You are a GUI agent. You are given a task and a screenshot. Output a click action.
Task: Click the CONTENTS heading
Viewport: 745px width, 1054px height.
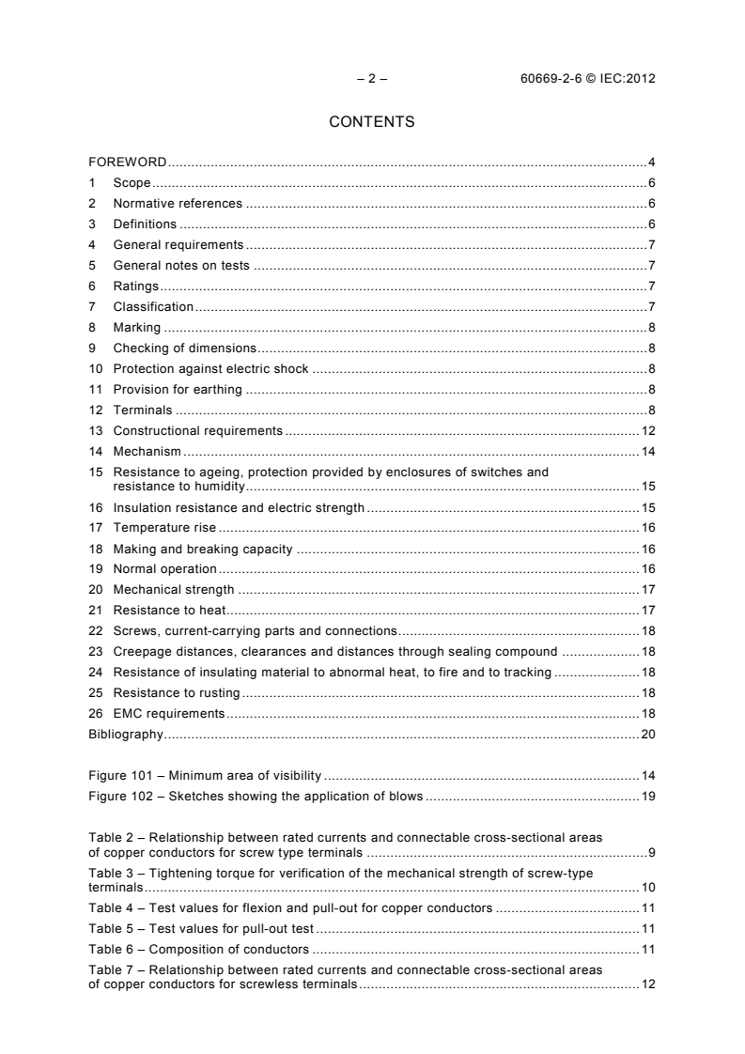tap(372, 122)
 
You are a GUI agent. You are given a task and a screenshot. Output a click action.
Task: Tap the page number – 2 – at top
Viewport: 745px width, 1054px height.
tap(372, 79)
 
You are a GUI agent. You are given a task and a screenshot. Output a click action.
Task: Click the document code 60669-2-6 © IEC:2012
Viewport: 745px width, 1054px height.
tap(587, 79)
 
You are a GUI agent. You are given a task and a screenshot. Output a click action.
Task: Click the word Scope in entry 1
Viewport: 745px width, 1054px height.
tap(132, 183)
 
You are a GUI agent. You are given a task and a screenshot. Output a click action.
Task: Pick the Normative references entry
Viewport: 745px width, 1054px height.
tap(178, 204)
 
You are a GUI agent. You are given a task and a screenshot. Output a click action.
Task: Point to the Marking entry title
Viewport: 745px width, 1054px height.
tap(137, 327)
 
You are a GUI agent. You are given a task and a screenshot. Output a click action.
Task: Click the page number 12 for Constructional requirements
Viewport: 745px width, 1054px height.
tap(648, 430)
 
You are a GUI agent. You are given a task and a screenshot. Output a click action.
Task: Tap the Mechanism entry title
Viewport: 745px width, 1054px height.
tap(147, 451)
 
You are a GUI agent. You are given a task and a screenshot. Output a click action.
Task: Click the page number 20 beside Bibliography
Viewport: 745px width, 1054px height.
tap(648, 734)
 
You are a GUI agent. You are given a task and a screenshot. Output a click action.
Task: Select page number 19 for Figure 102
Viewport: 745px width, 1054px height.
tap(648, 796)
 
